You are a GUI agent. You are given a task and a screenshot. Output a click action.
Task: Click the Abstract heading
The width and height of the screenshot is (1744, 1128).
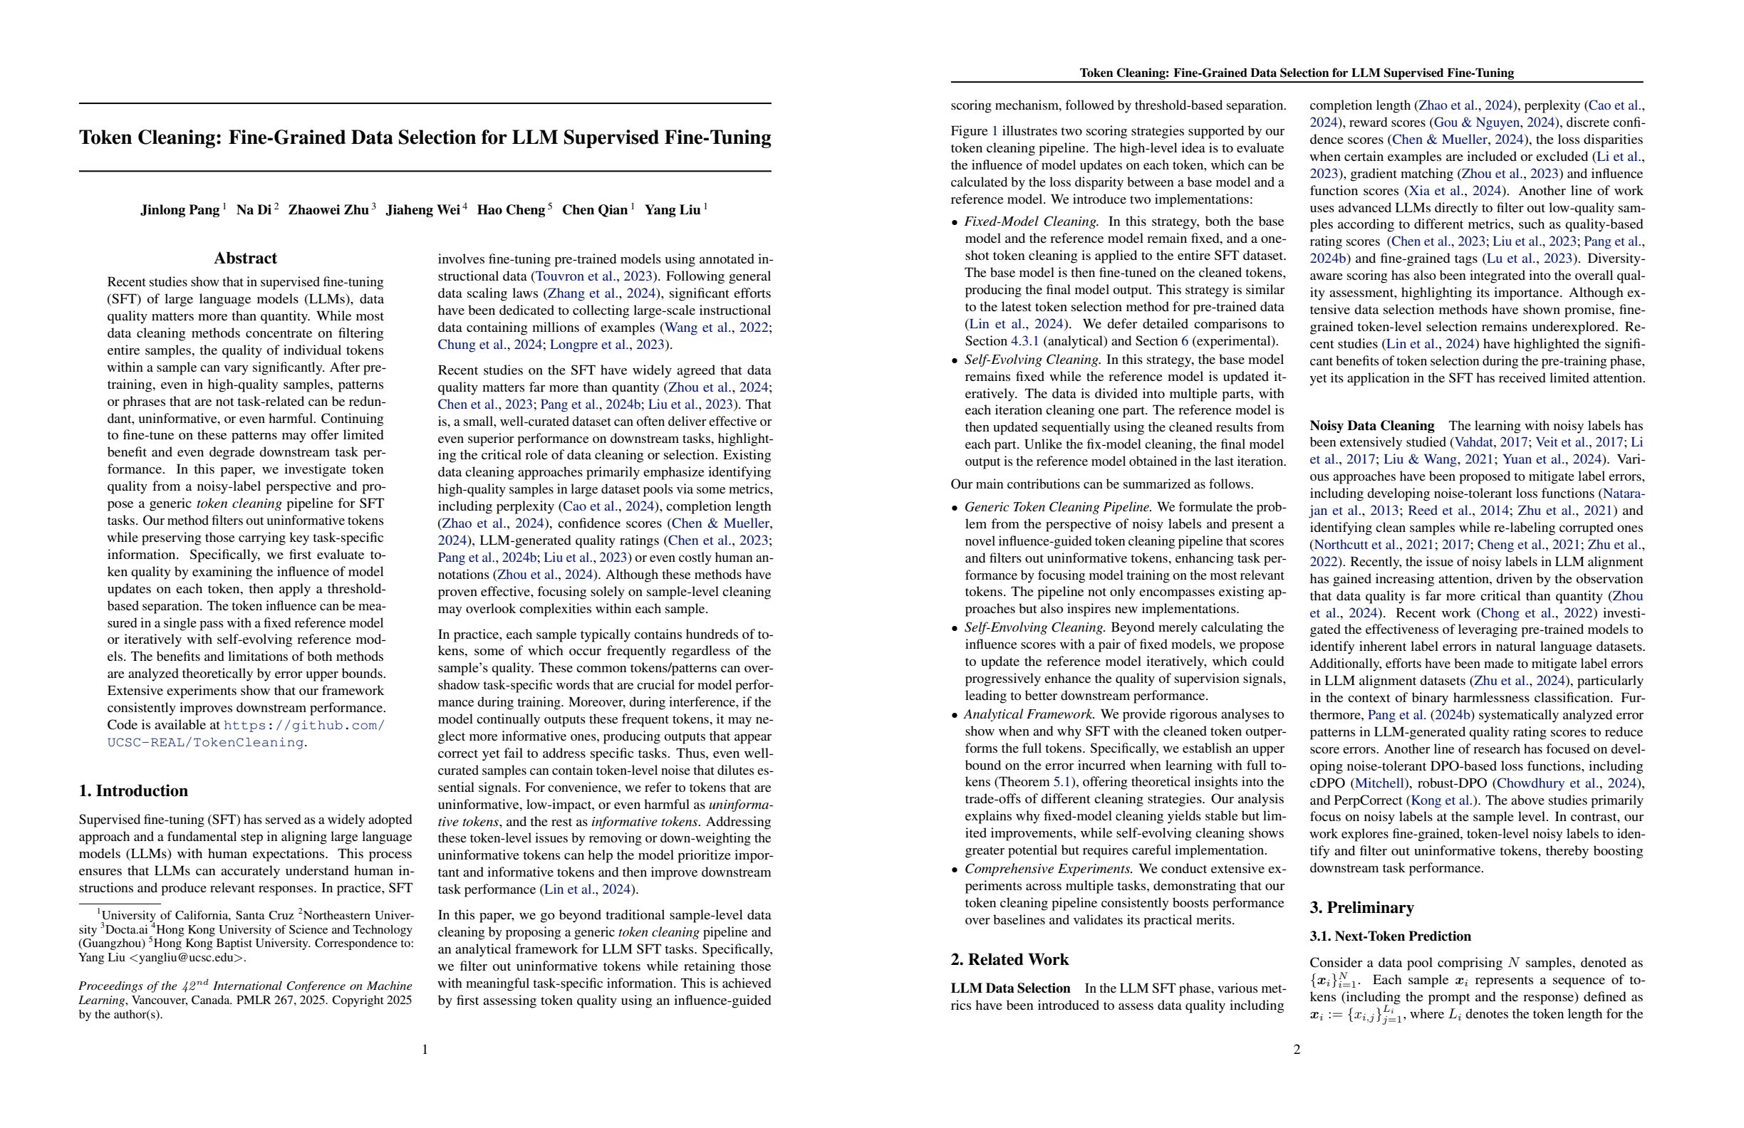(x=245, y=258)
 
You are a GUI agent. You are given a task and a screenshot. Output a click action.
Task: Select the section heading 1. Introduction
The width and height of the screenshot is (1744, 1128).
(x=133, y=790)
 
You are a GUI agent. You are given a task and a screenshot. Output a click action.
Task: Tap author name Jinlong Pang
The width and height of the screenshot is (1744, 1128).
(x=180, y=210)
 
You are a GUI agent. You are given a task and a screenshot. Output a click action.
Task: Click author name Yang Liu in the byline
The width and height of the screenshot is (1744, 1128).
(x=672, y=210)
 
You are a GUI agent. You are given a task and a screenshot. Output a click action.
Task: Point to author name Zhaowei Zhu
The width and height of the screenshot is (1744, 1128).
(x=328, y=210)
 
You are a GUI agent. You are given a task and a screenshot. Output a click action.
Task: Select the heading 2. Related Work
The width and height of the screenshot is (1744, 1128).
(x=1009, y=959)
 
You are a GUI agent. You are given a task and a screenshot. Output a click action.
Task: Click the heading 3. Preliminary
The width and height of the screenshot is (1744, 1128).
(x=1361, y=907)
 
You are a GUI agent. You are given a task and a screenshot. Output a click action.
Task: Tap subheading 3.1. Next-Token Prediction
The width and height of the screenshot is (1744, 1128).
(x=1390, y=936)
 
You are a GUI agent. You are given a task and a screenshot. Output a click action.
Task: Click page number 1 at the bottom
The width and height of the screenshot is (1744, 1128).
(x=425, y=1050)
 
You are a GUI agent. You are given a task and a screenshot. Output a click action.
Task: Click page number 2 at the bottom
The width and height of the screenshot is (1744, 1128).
(x=1297, y=1050)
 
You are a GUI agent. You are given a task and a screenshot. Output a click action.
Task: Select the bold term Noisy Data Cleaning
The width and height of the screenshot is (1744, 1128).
(x=1371, y=426)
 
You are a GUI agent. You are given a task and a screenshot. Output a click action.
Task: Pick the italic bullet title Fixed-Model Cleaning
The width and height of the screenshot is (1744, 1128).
(x=1031, y=221)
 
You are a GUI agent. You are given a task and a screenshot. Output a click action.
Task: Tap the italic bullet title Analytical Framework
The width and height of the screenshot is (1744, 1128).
(x=1029, y=714)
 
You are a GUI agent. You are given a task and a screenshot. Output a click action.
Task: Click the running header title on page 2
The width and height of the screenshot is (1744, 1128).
(x=1297, y=73)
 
